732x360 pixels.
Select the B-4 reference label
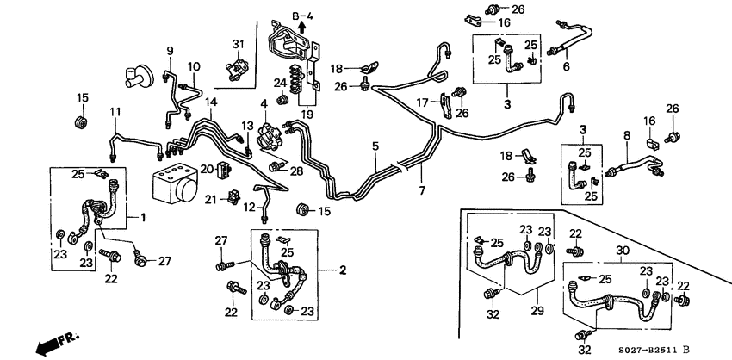pos(302,16)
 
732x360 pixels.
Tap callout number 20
pos(207,167)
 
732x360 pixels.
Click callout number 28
pos(296,171)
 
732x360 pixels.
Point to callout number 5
pos(375,147)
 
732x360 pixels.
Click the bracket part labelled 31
pos(238,65)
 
